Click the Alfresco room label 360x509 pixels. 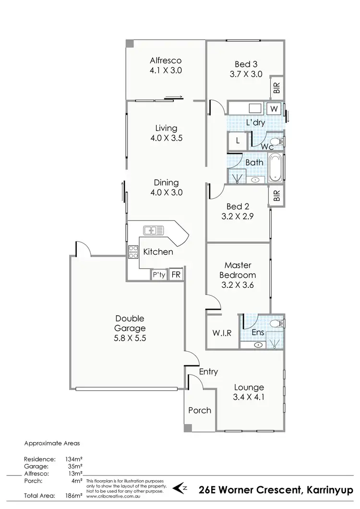166,61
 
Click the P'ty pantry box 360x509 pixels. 158,275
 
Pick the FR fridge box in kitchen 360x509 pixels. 176,275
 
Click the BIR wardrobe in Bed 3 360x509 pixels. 277,87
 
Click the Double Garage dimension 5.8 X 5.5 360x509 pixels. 130,338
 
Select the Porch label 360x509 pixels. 200,410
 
